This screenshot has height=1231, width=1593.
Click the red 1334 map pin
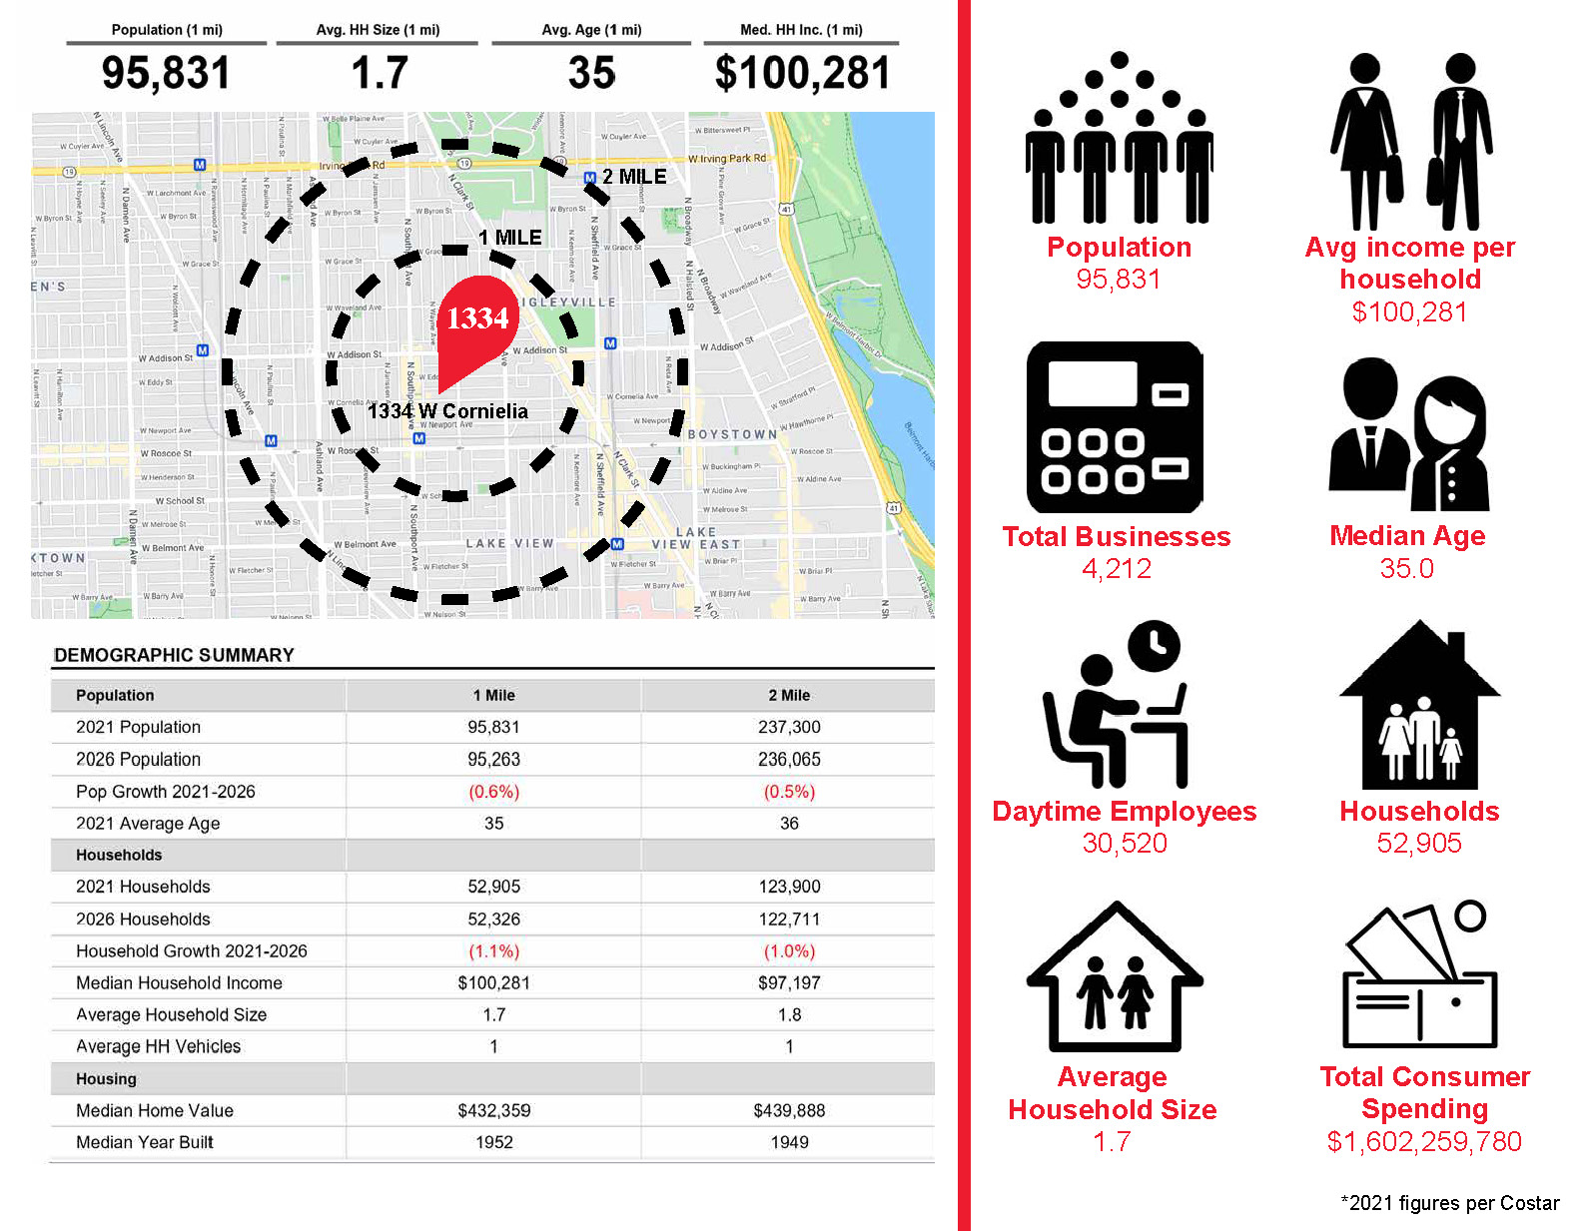(477, 319)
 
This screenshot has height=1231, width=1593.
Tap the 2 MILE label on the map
(633, 177)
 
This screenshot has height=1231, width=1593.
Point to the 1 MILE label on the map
(509, 238)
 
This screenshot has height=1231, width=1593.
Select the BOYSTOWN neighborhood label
(732, 434)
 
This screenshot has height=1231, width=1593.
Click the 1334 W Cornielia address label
(447, 411)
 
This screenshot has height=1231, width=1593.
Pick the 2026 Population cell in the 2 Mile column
(789, 759)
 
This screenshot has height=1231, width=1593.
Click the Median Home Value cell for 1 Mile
(493, 1110)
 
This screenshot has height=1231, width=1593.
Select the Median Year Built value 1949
(789, 1142)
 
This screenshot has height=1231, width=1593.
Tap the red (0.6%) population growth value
(493, 792)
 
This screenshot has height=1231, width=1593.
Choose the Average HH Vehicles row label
(158, 1046)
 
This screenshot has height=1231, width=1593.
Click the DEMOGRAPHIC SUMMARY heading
(174, 655)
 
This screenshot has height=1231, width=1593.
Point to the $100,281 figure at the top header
(801, 73)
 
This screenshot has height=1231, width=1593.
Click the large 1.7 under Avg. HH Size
(380, 73)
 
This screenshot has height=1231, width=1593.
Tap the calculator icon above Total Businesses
(1115, 427)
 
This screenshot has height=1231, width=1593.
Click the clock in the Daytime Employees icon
(1155, 647)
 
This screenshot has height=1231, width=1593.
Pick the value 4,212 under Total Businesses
(1117, 569)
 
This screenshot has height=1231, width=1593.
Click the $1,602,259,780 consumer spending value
(1424, 1141)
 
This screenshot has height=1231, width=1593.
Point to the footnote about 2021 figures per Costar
(1449, 1203)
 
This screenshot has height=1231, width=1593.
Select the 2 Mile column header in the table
(789, 695)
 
